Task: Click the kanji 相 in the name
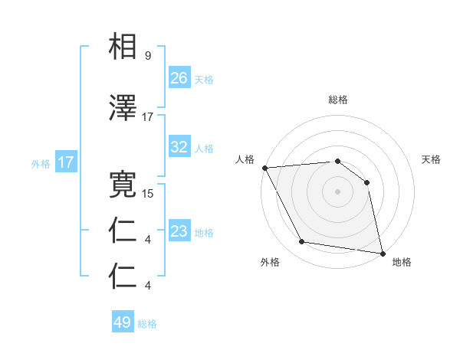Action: (x=124, y=46)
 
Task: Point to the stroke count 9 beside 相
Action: (x=147, y=56)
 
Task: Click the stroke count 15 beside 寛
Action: (x=148, y=194)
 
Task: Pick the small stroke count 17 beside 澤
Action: (x=148, y=117)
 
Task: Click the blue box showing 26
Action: (x=179, y=78)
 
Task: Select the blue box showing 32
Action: (x=179, y=147)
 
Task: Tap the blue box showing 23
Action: (x=179, y=231)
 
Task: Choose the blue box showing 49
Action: (x=123, y=322)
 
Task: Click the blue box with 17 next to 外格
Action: (x=66, y=162)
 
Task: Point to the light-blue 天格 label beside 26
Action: (x=204, y=79)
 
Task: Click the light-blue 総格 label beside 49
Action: (x=147, y=324)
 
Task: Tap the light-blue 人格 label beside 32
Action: (x=204, y=148)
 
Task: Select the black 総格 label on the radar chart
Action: (x=338, y=100)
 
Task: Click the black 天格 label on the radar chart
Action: (x=432, y=159)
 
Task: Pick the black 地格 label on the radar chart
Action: (x=402, y=262)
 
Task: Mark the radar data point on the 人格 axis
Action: (x=264, y=168)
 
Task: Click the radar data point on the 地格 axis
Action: (x=381, y=253)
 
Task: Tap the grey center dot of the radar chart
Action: (x=337, y=191)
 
